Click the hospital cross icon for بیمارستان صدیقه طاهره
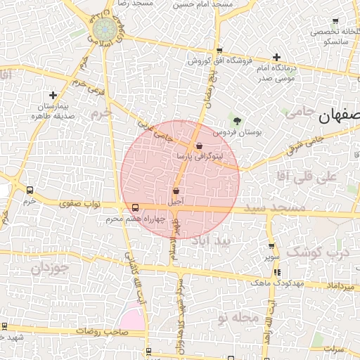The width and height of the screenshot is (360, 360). click(53, 95)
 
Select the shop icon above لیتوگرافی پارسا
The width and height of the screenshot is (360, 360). click(200, 146)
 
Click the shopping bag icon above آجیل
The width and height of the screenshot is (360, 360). click(175, 191)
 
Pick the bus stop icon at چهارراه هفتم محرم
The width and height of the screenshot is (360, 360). click(135, 207)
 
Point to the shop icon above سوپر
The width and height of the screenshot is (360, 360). click(271, 246)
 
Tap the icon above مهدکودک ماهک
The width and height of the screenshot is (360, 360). click(277, 272)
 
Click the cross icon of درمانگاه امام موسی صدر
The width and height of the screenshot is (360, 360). click(277, 57)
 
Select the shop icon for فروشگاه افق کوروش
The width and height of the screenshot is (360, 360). click(220, 51)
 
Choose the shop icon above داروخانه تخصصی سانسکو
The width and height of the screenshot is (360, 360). click(335, 21)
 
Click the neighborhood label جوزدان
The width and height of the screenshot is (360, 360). click(51, 268)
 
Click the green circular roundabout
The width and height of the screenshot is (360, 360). click(105, 30)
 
